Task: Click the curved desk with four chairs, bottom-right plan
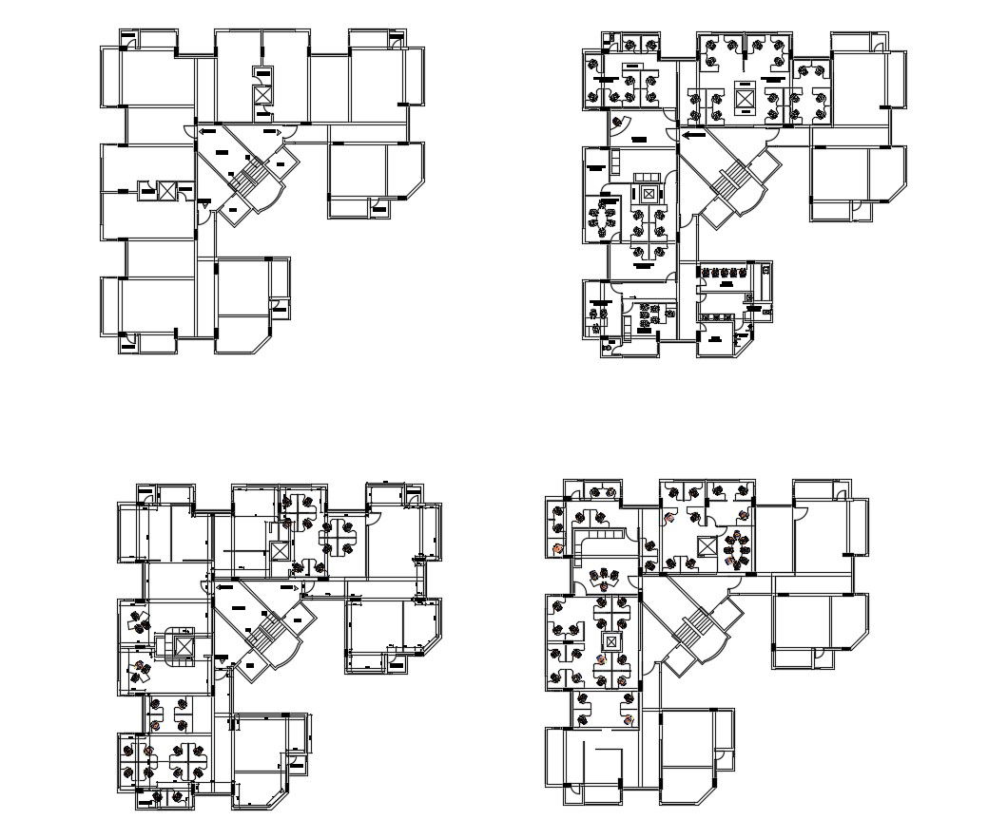coord(602,580)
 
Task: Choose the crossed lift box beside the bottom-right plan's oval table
coord(707,545)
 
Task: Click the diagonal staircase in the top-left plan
coord(250,177)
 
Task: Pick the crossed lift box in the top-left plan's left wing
coord(167,191)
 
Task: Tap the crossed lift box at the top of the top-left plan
coord(262,94)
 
